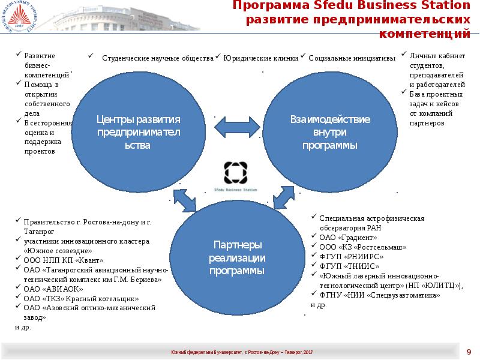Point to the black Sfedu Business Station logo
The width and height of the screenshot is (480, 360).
click(x=235, y=172)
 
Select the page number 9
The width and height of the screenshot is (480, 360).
click(x=469, y=351)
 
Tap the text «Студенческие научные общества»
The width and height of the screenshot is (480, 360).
click(x=157, y=59)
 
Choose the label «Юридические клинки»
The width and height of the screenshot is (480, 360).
click(x=260, y=59)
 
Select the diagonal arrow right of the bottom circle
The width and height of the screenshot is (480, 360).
click(x=283, y=196)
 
